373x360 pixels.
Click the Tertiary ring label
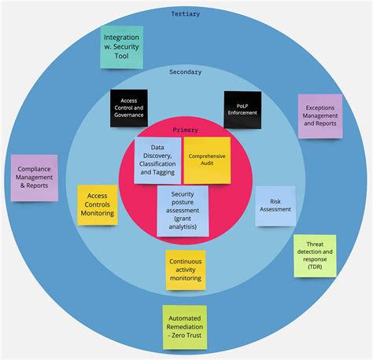(186, 13)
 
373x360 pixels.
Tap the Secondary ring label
(186, 72)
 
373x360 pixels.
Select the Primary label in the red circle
(186, 130)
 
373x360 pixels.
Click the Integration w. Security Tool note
(123, 47)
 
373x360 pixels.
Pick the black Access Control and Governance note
(128, 109)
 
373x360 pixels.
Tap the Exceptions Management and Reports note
(319, 116)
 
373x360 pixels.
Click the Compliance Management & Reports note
(35, 178)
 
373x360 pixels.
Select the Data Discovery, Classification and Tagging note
(157, 160)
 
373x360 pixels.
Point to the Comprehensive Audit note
(207, 160)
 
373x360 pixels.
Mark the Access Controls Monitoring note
(98, 204)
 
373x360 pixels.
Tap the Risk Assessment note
(275, 205)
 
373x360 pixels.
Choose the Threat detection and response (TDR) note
(315, 255)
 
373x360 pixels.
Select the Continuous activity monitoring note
(186, 270)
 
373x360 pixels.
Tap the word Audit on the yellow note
(207, 163)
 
